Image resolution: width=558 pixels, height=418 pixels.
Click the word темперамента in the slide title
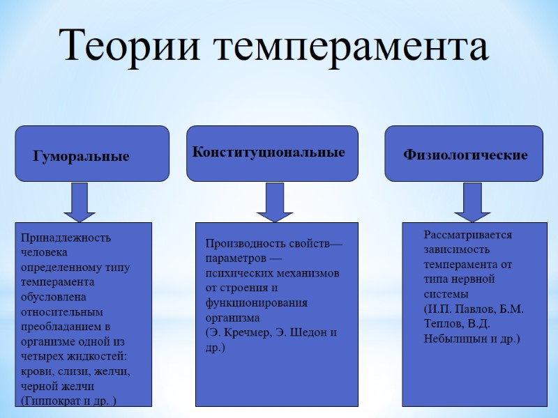point(348,47)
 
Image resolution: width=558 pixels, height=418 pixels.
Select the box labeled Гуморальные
point(92,154)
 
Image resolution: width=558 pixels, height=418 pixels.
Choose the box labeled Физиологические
point(464,153)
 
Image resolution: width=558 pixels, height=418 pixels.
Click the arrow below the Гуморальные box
point(80,202)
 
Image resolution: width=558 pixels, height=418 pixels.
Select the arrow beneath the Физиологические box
point(472,202)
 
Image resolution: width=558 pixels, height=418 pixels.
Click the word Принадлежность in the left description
point(66,238)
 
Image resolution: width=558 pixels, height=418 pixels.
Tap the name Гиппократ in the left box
point(56,400)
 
